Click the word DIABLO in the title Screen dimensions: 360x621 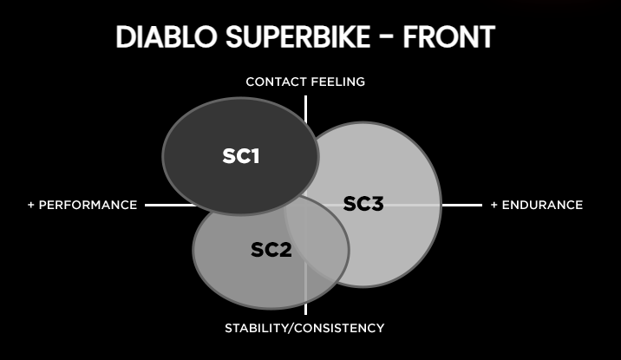coord(164,37)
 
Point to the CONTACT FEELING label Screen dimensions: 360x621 coord(305,82)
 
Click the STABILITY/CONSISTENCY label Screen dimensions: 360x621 coord(304,328)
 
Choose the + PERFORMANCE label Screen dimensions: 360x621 coord(82,206)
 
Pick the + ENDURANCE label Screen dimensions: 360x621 coord(536,206)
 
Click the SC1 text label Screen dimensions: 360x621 coord(241,156)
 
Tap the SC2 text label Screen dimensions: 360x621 coord(271,251)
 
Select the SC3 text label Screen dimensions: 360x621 coord(363,204)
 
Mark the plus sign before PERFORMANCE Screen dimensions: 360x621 coord(31,206)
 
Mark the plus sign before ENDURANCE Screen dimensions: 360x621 coord(494,206)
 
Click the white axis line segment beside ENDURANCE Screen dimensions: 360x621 coord(461,206)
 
